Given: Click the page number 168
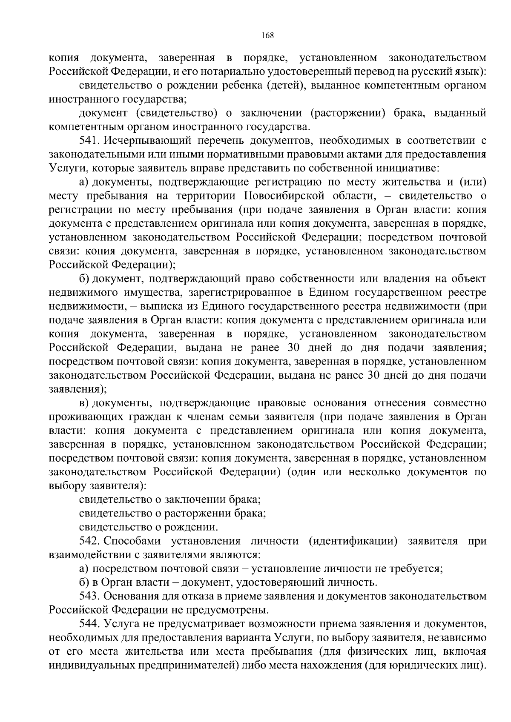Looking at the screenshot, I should (267, 35).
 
